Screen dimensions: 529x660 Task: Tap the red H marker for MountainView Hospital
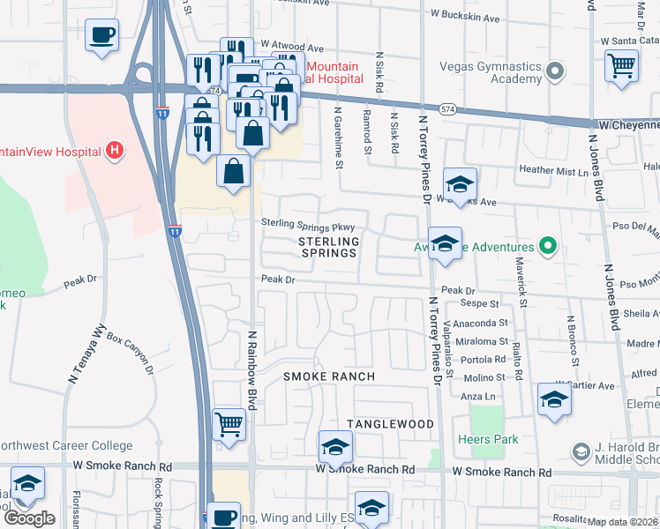point(113,152)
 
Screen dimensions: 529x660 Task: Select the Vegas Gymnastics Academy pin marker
point(555,70)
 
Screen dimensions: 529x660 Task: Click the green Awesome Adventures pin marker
point(547,247)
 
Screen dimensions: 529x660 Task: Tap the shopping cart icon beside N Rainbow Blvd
point(229,425)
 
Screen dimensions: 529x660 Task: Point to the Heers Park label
point(488,438)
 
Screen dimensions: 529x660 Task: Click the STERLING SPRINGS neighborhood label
point(328,247)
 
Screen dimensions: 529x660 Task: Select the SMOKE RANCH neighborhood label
point(328,376)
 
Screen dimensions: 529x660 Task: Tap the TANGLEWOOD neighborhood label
point(390,424)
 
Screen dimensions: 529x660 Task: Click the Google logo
point(29,518)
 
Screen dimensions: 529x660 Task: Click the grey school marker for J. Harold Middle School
point(581,452)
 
